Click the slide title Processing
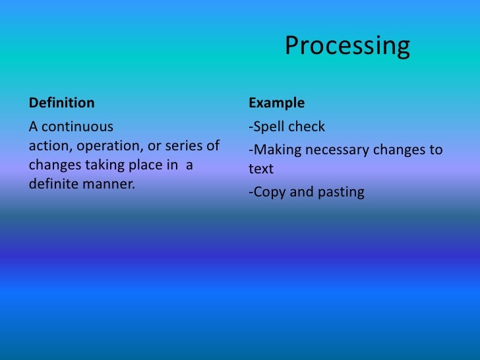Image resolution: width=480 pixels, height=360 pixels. pos(347,46)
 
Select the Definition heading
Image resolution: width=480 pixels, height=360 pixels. pos(61,104)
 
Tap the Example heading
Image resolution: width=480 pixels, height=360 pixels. pos(276,104)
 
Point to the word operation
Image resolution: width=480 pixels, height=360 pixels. pos(106,146)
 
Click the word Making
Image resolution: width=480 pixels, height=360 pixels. pos(274,150)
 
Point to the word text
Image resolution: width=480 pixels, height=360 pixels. pos(260,169)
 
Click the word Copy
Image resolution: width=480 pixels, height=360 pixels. pos(267,193)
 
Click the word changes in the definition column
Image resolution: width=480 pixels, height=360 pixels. pos(53,165)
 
